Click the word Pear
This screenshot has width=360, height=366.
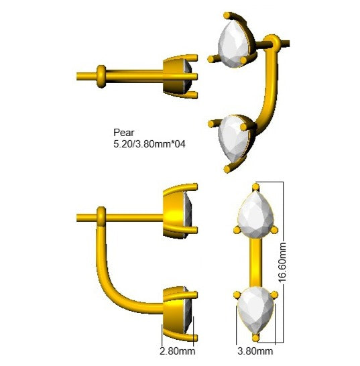coord(124,133)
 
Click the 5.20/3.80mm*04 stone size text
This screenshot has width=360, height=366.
coord(149,144)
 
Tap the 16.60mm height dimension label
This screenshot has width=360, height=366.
coord(282,262)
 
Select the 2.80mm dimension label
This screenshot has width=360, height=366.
coord(178,351)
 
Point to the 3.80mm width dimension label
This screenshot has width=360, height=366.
coord(255,351)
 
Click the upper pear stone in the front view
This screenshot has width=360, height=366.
coord(255,215)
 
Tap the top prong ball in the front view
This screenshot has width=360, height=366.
coord(255,187)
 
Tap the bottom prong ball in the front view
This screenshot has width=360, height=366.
coord(255,338)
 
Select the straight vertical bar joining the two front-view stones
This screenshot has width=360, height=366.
coord(255,262)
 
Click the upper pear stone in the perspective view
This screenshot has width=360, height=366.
coord(234,44)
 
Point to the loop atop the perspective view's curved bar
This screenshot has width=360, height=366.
coord(272,42)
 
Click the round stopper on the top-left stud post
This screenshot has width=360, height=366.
coord(101,76)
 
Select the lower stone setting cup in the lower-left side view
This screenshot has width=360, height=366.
coord(178,314)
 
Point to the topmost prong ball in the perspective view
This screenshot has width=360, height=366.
coord(227,15)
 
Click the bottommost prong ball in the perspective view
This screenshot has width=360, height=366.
coord(227,169)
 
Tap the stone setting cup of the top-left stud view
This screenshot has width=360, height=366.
coord(178,76)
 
